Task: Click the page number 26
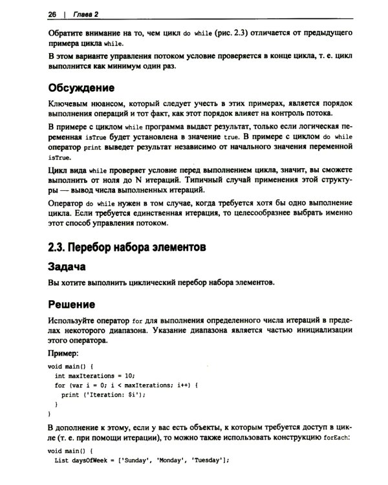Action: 52,14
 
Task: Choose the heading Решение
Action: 72,304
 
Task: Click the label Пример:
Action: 64,354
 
